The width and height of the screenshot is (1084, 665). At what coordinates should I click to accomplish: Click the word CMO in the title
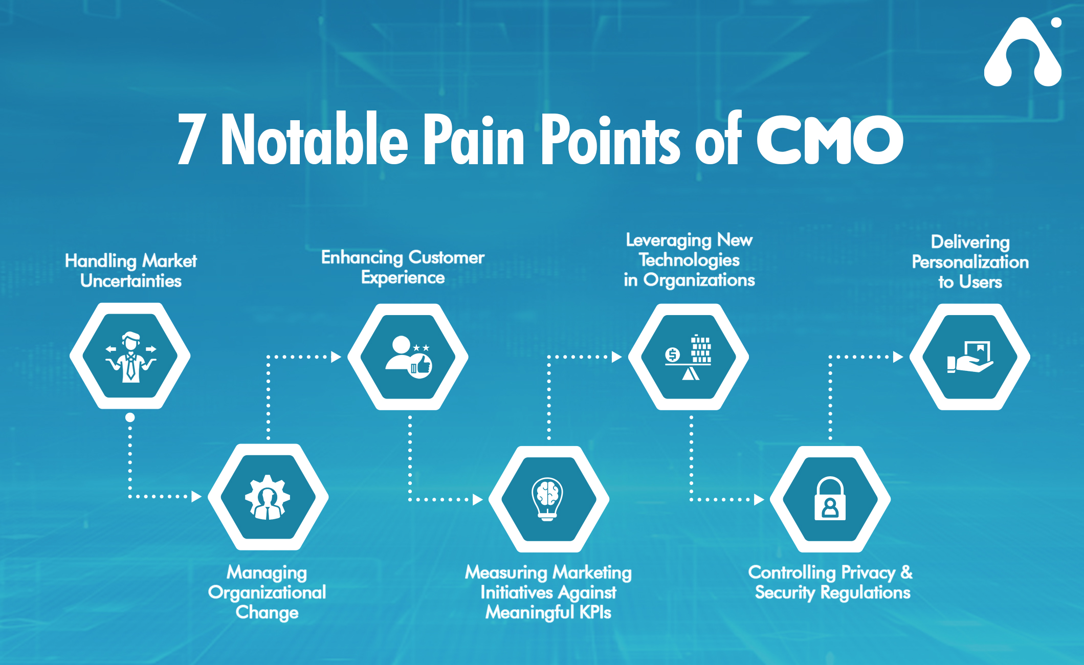[830, 140]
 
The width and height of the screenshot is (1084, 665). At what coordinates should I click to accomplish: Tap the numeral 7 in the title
[191, 139]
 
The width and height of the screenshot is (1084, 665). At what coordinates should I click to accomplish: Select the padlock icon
[830, 499]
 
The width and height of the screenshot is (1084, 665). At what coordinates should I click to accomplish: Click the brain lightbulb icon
[548, 499]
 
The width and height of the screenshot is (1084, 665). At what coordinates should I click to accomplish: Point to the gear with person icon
[267, 497]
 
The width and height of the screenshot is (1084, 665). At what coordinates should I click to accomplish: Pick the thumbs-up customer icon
[408, 357]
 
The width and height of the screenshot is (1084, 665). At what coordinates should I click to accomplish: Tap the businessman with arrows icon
[130, 357]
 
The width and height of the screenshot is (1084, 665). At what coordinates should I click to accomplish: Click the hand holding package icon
[970, 357]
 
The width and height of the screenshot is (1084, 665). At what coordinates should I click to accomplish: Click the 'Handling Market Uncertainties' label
[130, 271]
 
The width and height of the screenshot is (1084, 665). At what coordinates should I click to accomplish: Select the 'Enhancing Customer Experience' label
[403, 267]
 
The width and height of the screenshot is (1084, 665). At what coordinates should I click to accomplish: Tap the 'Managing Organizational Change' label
[267, 592]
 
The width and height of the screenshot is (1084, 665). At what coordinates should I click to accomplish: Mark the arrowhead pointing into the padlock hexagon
[759, 499]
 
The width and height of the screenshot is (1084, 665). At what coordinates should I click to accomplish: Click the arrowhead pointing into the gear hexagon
[196, 496]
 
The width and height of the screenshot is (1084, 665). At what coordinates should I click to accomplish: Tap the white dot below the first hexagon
[130, 417]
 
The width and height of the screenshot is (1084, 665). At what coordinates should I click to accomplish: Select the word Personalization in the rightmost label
[970, 262]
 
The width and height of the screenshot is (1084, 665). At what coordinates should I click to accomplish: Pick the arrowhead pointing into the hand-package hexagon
[898, 357]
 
